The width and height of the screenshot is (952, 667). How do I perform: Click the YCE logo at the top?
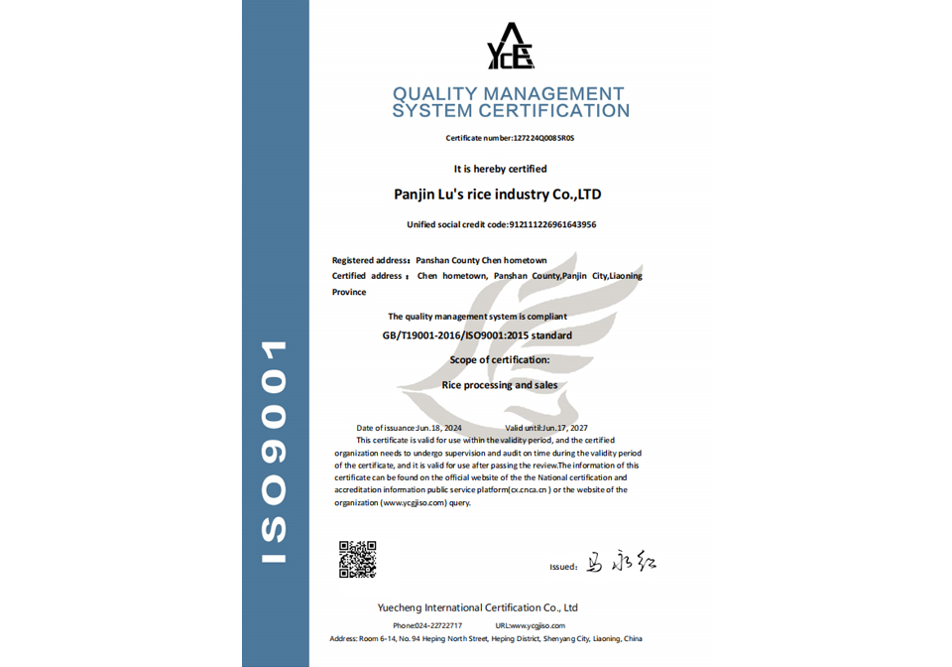[x=511, y=47]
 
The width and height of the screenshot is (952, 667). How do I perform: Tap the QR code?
[x=357, y=559]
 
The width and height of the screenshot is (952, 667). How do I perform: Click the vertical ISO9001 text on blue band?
[x=274, y=453]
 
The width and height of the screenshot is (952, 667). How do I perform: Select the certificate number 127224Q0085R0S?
[x=543, y=138]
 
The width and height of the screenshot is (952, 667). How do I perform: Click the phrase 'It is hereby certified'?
[x=500, y=169]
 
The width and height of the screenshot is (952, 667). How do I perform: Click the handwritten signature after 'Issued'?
[x=620, y=564]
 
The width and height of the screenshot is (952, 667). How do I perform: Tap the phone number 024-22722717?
[x=440, y=625]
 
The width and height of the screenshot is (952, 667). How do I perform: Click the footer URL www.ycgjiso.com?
[x=537, y=625]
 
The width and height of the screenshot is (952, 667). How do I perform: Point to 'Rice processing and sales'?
[x=499, y=385]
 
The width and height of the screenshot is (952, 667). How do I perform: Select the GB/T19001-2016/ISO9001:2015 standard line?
[x=477, y=335]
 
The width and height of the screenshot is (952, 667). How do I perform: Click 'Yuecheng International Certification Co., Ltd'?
[x=477, y=607]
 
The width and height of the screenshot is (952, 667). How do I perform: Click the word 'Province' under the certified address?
[x=349, y=293]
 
